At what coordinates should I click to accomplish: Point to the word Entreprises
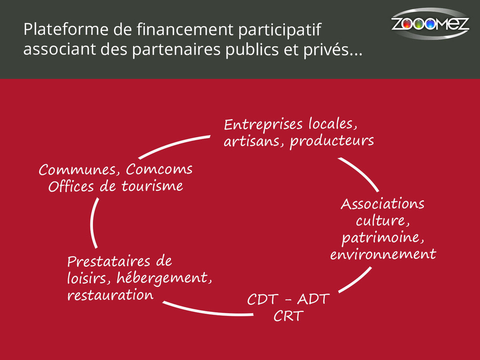[x=263, y=124]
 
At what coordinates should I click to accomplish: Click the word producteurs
[x=332, y=141]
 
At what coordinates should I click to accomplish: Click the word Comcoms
[x=159, y=170]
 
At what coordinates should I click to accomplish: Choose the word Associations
[x=382, y=204]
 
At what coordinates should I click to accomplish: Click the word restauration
[x=110, y=296]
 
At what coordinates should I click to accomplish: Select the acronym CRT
[x=288, y=316]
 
